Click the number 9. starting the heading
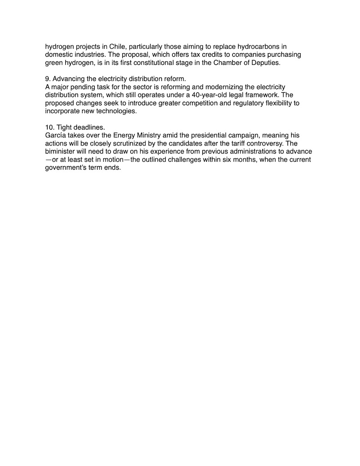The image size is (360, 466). pos(48,79)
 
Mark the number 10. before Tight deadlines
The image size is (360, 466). pos(49,127)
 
